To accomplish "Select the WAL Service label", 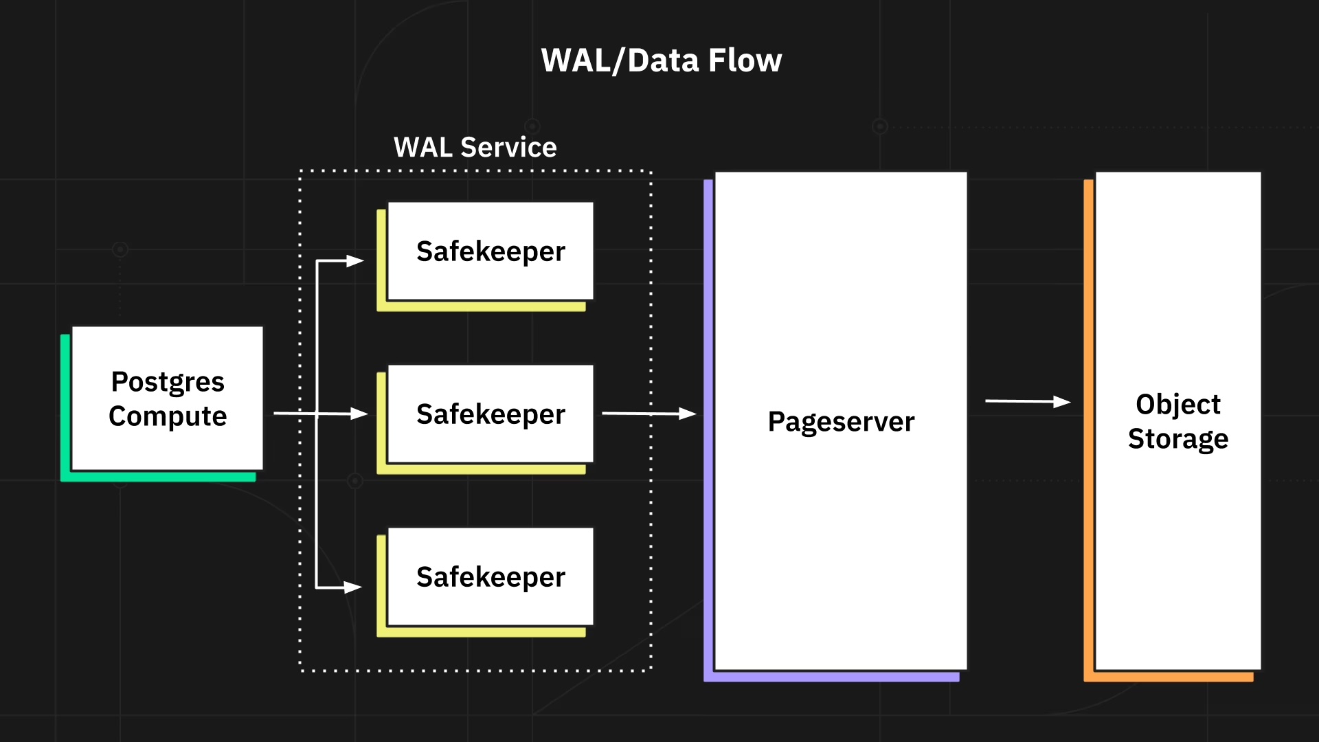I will click(x=475, y=147).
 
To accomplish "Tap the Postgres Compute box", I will click(x=168, y=398).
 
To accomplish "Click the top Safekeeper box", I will click(x=491, y=251).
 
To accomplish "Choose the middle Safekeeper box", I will click(x=491, y=414).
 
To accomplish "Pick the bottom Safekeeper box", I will click(x=491, y=576).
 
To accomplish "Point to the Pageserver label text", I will click(x=841, y=421).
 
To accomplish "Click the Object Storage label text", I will click(x=1178, y=421).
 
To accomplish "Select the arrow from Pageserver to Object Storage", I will click(x=1027, y=401).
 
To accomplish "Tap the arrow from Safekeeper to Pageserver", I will click(x=649, y=414).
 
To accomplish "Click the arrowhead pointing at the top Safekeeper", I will click(x=355, y=261).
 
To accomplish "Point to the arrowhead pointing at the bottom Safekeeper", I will click(x=353, y=587).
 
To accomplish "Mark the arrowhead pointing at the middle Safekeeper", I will click(x=359, y=414).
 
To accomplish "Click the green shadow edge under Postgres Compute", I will click(x=158, y=476).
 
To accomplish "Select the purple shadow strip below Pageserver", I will click(x=831, y=677).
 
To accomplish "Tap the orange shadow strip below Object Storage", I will click(x=1169, y=677).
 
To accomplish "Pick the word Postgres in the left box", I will click(x=168, y=381).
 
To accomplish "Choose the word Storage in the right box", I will click(x=1178, y=438).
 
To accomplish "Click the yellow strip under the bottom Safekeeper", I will click(x=481, y=632).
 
